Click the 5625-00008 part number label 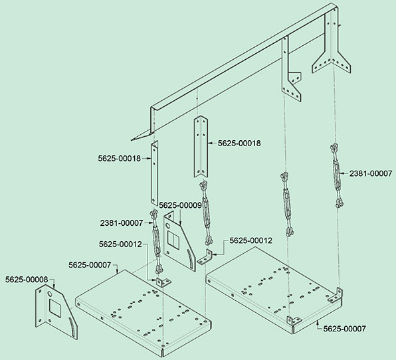[x=27, y=280]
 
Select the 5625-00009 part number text [x=180, y=205]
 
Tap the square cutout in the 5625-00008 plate [x=55, y=308]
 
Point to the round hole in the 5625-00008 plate [x=49, y=294]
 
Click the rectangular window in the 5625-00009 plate [x=173, y=240]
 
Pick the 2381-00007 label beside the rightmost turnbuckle [x=371, y=173]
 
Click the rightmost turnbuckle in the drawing [x=336, y=175]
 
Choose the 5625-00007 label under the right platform [x=344, y=329]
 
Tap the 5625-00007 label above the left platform [x=90, y=265]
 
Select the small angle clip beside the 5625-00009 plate [x=205, y=257]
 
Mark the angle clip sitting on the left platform [x=163, y=282]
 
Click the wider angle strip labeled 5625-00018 [x=201, y=146]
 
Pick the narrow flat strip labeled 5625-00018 [x=154, y=173]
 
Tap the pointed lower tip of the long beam [x=132, y=140]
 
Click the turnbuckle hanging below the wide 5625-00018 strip [x=206, y=213]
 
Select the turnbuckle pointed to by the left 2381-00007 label [x=155, y=242]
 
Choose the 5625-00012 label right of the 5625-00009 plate [x=250, y=240]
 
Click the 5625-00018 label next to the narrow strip [x=119, y=158]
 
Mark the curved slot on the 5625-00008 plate [x=72, y=327]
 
